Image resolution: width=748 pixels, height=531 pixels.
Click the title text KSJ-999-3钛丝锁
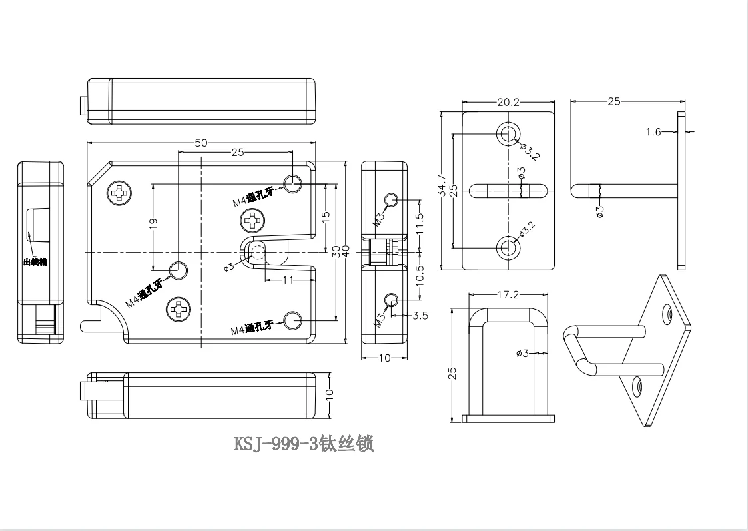[304, 444]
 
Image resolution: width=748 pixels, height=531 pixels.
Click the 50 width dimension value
[200, 143]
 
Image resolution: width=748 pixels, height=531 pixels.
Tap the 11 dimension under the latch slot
[288, 280]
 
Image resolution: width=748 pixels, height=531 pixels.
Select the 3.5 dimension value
[420, 316]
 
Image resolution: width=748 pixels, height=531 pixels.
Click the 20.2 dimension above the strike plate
[508, 102]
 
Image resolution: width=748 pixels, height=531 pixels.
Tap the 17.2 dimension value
[508, 294]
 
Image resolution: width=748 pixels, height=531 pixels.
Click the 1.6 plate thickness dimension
[653, 132]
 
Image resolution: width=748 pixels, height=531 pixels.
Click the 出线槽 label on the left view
[35, 262]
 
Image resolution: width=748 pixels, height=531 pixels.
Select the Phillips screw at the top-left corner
[120, 194]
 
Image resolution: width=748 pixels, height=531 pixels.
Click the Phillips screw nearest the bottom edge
[179, 309]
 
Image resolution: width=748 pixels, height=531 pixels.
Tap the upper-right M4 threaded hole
[293, 182]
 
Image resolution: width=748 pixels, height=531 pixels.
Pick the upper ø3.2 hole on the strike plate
[508, 133]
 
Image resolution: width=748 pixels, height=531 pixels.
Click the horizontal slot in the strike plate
[508, 190]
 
